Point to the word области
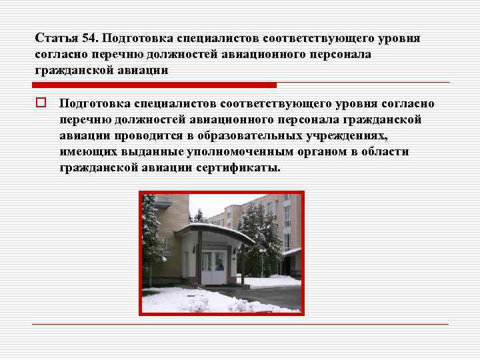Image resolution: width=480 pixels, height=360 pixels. (x=386, y=152)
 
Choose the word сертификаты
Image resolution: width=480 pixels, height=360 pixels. (x=239, y=168)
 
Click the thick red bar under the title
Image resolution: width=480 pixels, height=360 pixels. (x=154, y=85)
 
